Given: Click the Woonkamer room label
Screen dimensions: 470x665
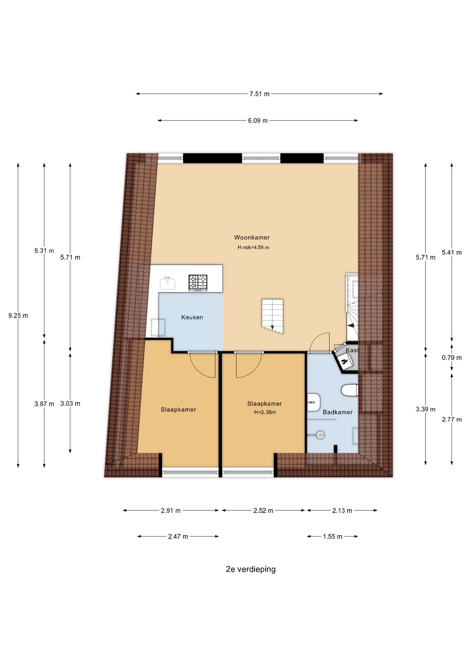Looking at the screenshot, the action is pos(252,238).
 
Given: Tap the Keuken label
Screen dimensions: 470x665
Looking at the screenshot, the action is pos(192,317).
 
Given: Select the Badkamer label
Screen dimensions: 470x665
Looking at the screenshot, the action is pos(337,412).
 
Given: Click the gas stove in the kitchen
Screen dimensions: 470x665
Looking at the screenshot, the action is pos(198,283).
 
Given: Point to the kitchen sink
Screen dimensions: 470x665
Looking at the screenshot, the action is pos(168,283).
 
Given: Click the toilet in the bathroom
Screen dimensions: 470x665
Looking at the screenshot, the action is pos(350,390).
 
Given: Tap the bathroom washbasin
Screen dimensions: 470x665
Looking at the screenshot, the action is pos(314,402).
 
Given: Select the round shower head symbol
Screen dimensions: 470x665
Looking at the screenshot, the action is pos(320,435).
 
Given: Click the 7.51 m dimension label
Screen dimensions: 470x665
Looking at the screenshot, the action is pos(260,94).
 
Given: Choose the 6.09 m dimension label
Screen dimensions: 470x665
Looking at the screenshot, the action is pos(257,121).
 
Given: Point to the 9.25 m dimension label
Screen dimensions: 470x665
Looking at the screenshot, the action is pos(18,316).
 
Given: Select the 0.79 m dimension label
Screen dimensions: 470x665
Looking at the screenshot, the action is pos(452,358).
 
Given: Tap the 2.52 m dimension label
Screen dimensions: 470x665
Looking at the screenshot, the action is pos(263,511).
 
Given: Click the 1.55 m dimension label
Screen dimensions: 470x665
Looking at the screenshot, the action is pos(333,537).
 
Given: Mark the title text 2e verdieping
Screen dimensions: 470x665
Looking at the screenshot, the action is pos(251,569).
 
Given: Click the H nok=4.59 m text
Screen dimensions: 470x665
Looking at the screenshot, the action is pos(253,248).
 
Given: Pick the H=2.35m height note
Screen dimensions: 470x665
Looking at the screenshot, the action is pos(265,412).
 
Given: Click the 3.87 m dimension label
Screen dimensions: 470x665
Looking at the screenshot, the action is pos(44,404).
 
